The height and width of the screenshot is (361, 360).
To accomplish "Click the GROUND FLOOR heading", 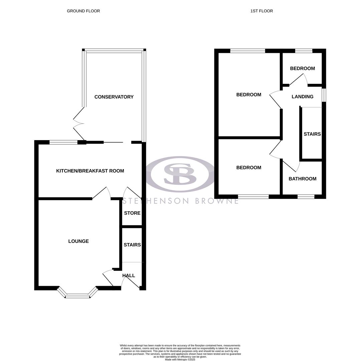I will click(x=83, y=11).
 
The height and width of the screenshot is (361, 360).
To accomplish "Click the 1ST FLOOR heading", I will click(x=261, y=11).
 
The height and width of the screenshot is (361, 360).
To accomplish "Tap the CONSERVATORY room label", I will click(x=114, y=97).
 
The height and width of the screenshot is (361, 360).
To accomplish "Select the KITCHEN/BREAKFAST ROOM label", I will click(x=90, y=171).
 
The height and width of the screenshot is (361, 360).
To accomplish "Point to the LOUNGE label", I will click(x=78, y=241).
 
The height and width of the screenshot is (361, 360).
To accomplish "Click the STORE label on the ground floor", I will click(x=132, y=213).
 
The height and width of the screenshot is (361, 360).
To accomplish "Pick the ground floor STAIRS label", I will click(x=132, y=245).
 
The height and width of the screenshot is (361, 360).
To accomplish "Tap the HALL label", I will click(x=129, y=276).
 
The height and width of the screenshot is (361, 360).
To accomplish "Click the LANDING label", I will click(x=303, y=97).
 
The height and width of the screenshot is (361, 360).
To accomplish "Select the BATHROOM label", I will click(x=303, y=179).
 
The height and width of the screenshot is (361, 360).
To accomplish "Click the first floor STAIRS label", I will click(x=312, y=134).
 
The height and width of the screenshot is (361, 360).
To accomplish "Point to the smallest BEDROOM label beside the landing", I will click(x=303, y=69).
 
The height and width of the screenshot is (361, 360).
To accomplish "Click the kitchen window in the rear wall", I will click(x=63, y=142).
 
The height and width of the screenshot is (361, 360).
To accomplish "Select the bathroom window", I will click(x=306, y=197).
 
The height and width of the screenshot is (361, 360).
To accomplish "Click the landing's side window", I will click(x=324, y=95).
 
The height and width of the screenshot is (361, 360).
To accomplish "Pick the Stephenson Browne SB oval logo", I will click(x=180, y=174).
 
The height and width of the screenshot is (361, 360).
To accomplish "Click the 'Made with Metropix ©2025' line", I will click(x=180, y=360).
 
